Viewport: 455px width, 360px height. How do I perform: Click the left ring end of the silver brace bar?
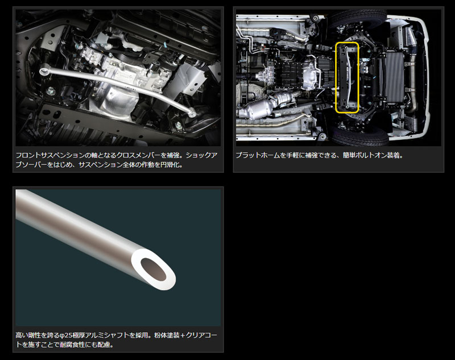[44, 71]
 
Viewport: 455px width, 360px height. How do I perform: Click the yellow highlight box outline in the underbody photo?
[336, 77]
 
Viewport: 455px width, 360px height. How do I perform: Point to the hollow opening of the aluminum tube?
[153, 269]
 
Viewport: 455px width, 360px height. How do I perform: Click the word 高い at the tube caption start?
[22, 336]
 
